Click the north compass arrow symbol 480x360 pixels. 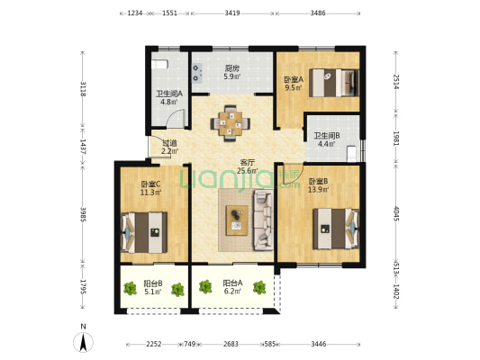pos(83,342)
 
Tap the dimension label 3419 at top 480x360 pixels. pos(232,13)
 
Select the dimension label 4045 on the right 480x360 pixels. pos(396,213)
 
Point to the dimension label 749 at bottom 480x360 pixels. pos(189,344)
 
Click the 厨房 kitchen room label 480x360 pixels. pos(232,68)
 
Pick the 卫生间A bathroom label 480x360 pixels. pos(169,94)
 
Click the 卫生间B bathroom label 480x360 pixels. pos(327,136)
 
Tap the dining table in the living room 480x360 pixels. pos(231,123)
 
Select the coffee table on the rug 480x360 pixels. pos(237,220)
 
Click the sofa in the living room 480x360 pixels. pos(263,220)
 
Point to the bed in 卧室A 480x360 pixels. pos(334,83)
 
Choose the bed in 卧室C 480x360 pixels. pos(144,232)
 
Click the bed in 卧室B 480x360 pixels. pos(336,229)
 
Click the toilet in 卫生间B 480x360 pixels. pos(352,154)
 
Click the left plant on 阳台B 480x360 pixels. pos(130,288)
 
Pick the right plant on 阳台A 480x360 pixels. pos(259,287)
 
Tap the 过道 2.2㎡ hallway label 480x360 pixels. pos(169,147)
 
